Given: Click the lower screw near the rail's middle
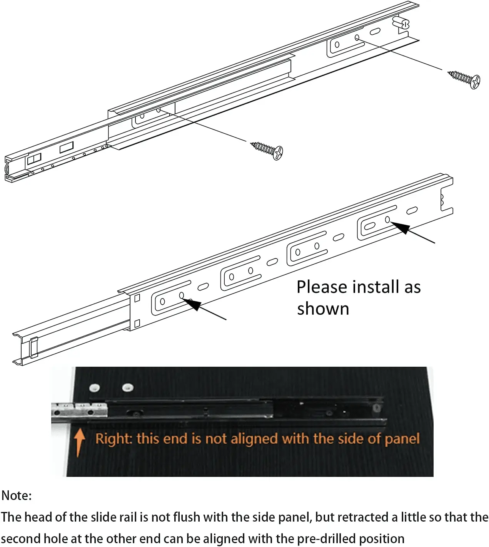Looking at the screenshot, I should tap(267, 149).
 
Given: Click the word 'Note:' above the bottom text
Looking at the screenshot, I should tap(17, 495).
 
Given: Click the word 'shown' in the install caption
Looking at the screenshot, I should tap(323, 309).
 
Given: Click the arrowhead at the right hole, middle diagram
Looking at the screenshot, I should tap(400, 228).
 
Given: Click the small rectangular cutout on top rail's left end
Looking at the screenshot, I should tap(66, 147).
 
